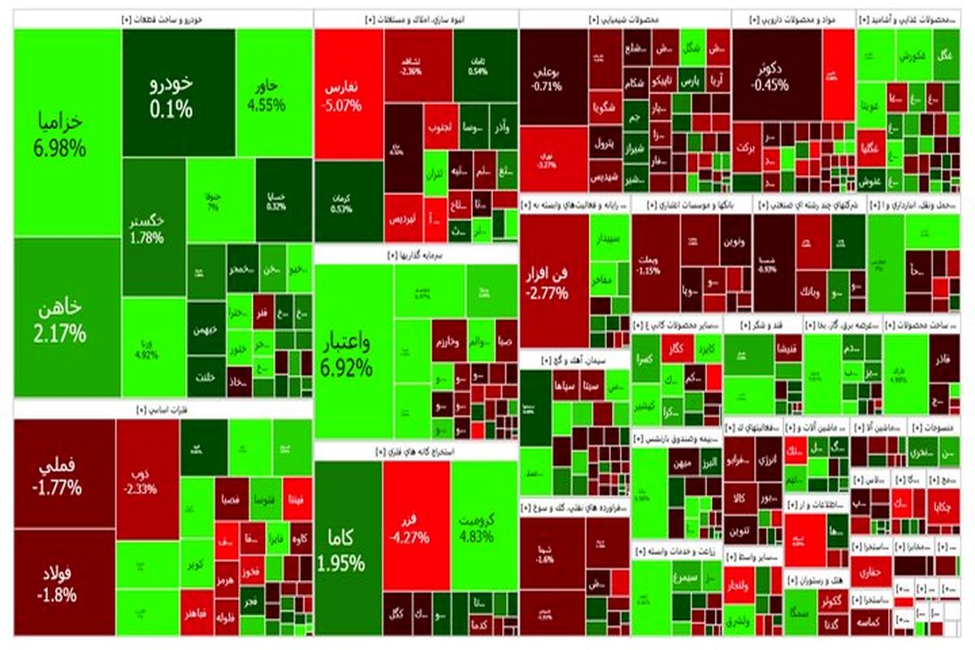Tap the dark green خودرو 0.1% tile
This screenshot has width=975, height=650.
point(171,93)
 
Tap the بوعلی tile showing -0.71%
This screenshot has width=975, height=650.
point(553,77)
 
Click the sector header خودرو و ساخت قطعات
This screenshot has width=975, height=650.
point(162,18)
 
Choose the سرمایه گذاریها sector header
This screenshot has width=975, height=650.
point(415,254)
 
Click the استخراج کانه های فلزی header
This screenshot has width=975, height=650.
point(415,451)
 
